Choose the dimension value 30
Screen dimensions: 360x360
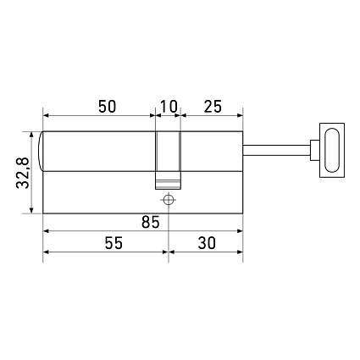pyautogui.click(x=206, y=243)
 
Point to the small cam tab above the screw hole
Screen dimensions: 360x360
pyautogui.click(x=168, y=180)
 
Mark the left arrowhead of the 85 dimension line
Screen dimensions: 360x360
pyautogui.click(x=47, y=230)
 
